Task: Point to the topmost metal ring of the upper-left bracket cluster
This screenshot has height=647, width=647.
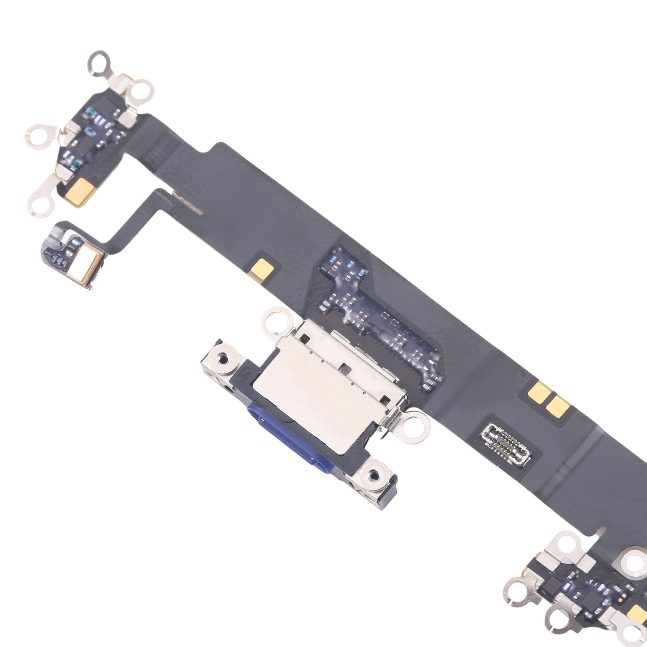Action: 99,63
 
